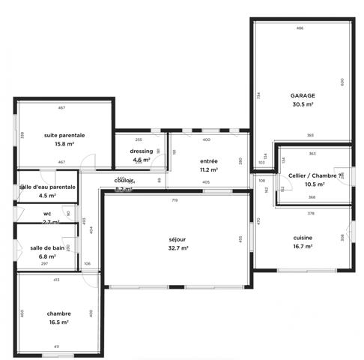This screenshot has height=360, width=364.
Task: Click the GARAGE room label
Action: coord(303,96)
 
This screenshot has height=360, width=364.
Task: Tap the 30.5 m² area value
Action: coord(303,105)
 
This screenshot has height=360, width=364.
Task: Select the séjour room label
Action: coord(178,239)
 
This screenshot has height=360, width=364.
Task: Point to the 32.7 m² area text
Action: coord(178,248)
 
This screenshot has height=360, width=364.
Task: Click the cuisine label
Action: coord(303,237)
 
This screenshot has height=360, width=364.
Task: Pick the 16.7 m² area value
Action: coord(303,246)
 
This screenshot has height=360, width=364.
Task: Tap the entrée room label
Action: coord(209,161)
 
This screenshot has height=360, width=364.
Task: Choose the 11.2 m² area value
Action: coord(209,170)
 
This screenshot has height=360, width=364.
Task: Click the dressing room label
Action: coord(142,151)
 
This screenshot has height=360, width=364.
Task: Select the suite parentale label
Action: coord(64,135)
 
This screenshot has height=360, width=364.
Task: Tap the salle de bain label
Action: coord(47,247)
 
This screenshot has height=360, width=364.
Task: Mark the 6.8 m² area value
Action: coord(47,256)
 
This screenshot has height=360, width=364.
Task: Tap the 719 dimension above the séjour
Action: coord(174,201)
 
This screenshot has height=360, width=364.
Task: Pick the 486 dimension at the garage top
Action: coord(300,28)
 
